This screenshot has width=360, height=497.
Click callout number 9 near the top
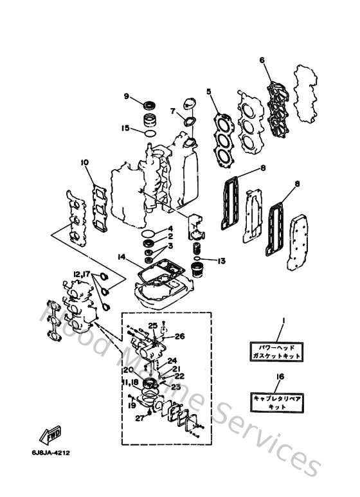(127, 96)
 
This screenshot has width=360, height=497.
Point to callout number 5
(209, 92)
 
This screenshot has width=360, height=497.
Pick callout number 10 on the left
(84, 163)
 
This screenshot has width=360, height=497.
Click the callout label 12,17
(82, 275)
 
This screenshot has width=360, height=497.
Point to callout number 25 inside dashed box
(153, 325)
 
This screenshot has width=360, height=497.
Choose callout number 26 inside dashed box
(179, 336)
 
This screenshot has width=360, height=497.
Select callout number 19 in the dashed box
(132, 406)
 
